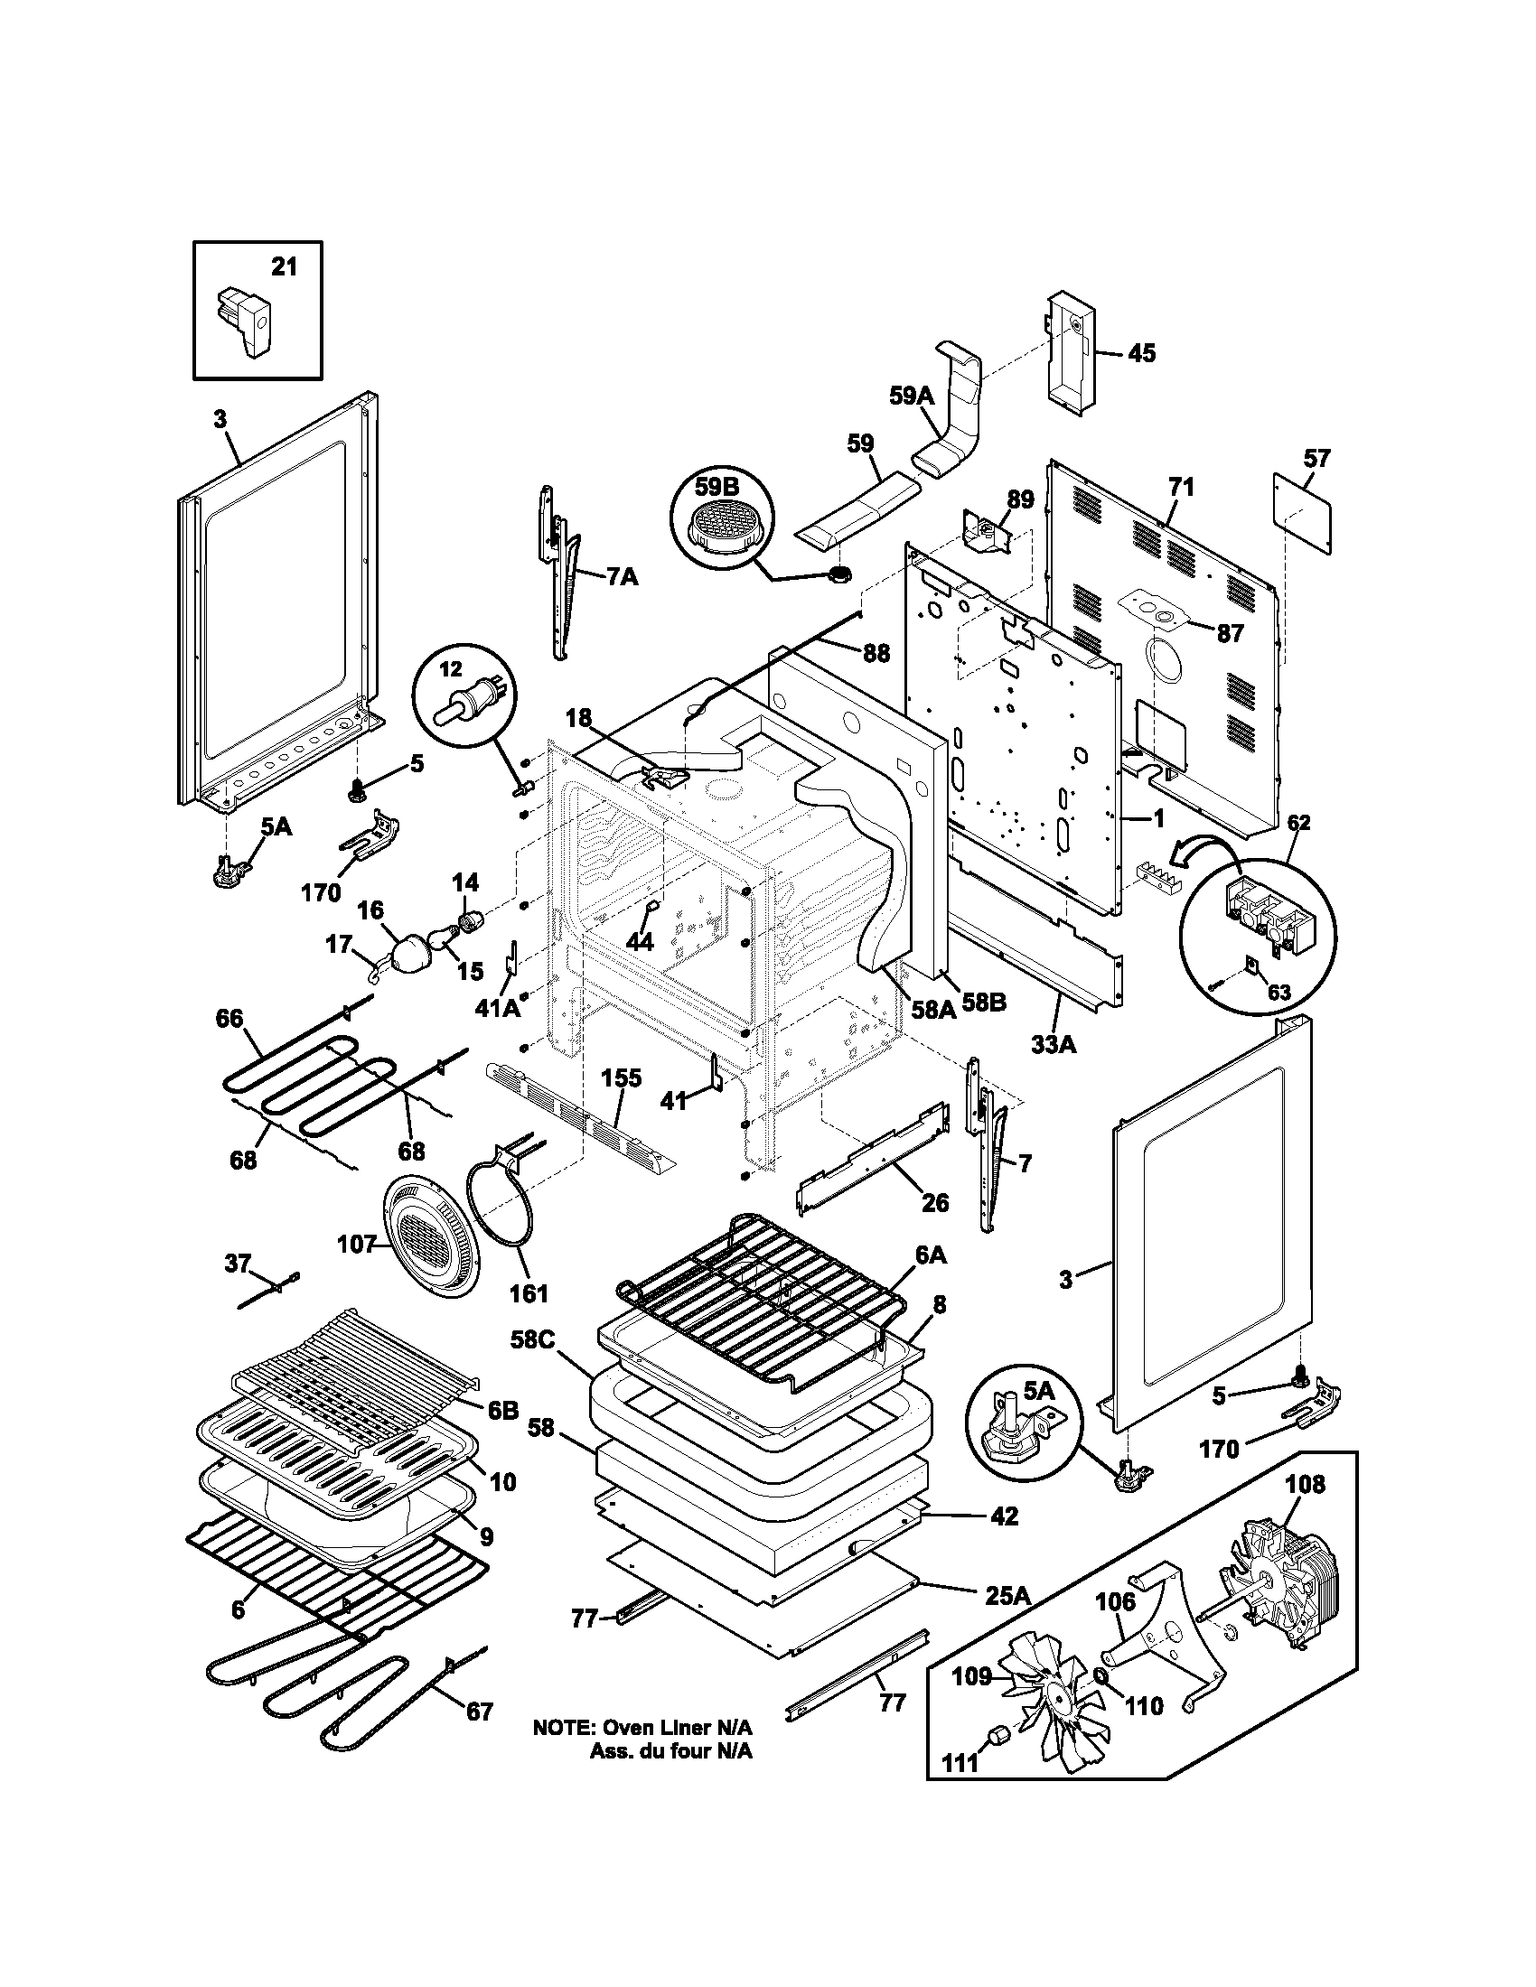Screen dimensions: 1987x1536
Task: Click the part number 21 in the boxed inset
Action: click(x=284, y=267)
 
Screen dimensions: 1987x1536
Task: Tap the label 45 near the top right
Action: click(x=1141, y=353)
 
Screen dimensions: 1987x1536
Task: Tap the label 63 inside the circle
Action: click(x=1278, y=993)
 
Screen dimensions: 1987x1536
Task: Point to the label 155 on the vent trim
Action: click(x=621, y=1078)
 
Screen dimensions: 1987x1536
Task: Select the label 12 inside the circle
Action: click(x=453, y=669)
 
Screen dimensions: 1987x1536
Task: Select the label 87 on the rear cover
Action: click(x=1231, y=633)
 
